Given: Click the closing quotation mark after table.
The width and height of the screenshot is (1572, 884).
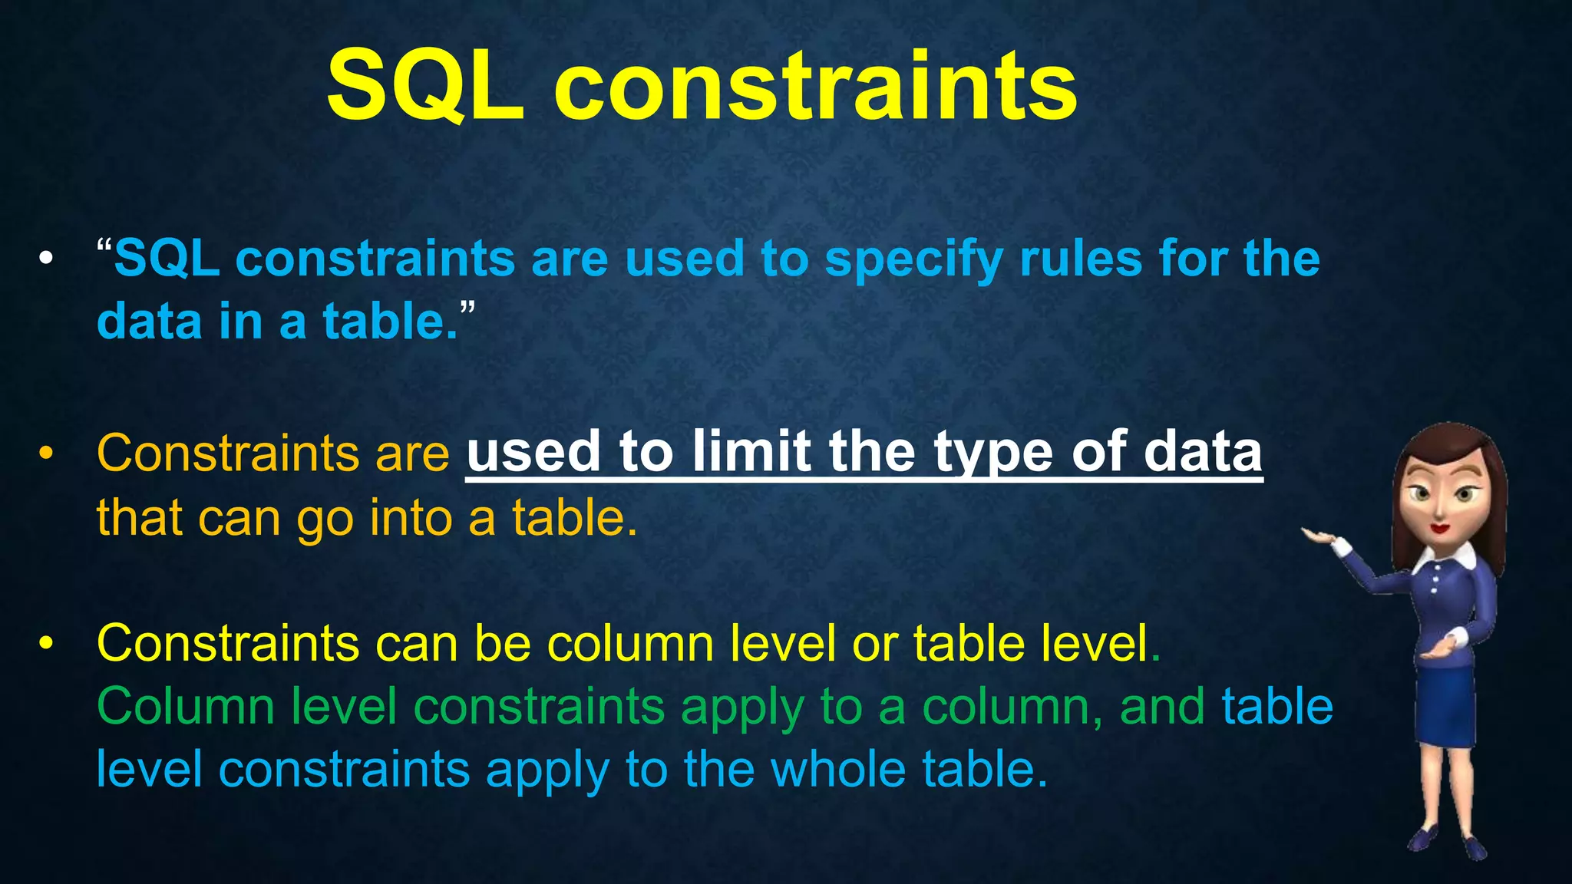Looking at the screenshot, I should tap(467, 308).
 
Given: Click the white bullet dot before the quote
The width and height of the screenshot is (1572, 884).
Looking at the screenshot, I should tap(47, 259).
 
